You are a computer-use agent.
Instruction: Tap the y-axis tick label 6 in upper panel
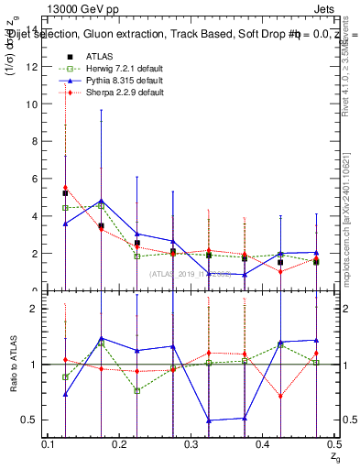(x=35, y=180)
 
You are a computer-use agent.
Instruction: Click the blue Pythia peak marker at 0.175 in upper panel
(x=101, y=201)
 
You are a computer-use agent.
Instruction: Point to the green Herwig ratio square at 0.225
(x=136, y=390)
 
